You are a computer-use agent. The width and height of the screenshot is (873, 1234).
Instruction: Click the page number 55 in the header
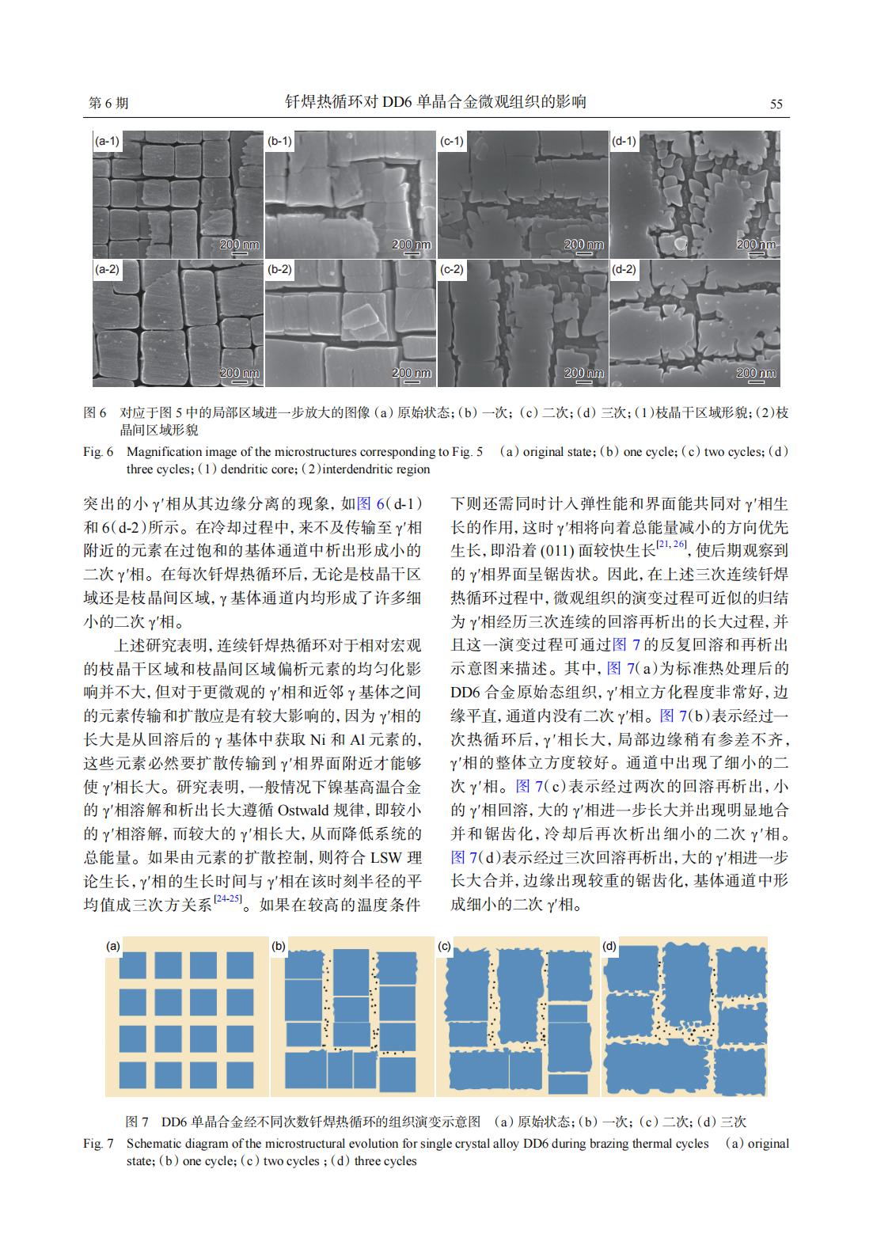coord(776,104)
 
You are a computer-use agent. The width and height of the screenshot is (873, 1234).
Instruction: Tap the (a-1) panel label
coord(107,141)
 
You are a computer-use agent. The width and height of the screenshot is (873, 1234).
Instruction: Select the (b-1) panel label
coord(279,141)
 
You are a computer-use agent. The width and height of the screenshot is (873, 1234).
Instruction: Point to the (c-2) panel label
coord(452,269)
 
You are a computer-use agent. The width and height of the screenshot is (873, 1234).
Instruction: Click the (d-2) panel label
coord(624,269)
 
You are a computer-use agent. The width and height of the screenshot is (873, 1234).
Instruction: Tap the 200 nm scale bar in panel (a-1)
coord(239,246)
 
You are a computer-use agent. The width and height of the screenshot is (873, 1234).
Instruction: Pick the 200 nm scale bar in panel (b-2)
coord(412,374)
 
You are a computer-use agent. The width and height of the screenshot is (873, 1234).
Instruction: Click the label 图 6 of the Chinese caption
coord(95,413)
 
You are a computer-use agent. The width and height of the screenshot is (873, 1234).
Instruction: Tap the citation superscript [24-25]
coord(228,900)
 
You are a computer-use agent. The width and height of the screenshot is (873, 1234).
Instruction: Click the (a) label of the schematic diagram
coord(114,946)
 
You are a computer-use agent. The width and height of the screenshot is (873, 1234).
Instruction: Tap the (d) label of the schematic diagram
coord(609,946)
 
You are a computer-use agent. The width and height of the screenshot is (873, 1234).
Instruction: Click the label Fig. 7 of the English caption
coord(99,1144)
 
